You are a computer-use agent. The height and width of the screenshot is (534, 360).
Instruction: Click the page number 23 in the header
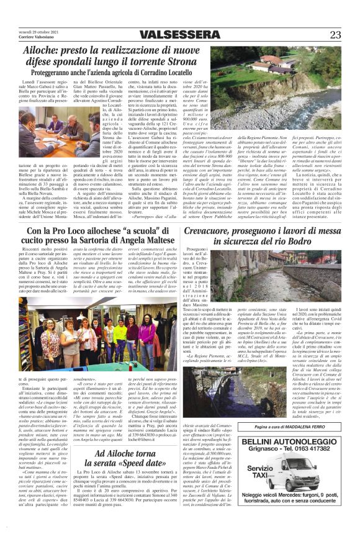[x=335, y=35]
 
